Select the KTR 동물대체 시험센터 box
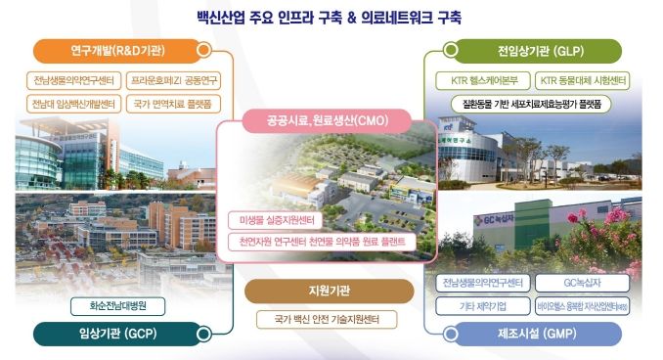(583, 80)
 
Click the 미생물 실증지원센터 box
(271, 220)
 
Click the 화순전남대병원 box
(120, 305)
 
